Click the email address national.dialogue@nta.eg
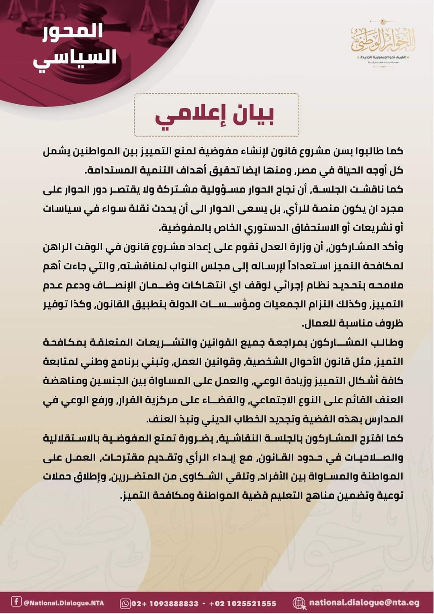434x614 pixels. (x=364, y=602)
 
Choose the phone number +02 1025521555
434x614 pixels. (x=243, y=603)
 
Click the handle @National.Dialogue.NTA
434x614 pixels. (x=63, y=603)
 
